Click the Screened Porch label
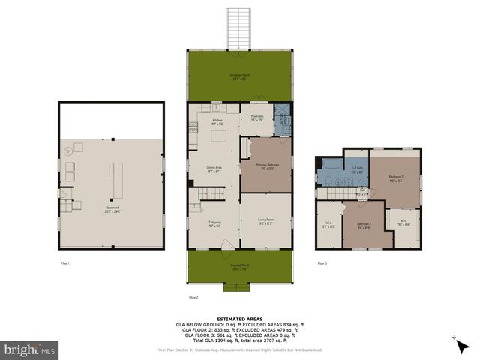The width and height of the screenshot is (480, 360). [x=239, y=77]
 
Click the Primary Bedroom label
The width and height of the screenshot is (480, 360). [x=267, y=166]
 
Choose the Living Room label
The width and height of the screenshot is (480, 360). [x=267, y=223]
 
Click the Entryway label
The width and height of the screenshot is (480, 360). [x=214, y=223]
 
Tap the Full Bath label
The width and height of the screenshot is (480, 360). [x=357, y=169]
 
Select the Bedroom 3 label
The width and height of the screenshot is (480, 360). [x=396, y=178]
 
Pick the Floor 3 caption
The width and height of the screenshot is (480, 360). [x=322, y=263]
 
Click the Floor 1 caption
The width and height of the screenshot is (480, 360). [x=64, y=263]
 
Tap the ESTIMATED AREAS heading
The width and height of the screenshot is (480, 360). [x=238, y=318]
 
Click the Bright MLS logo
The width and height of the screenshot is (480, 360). [x=30, y=349]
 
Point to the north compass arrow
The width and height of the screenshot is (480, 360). [x=457, y=342]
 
